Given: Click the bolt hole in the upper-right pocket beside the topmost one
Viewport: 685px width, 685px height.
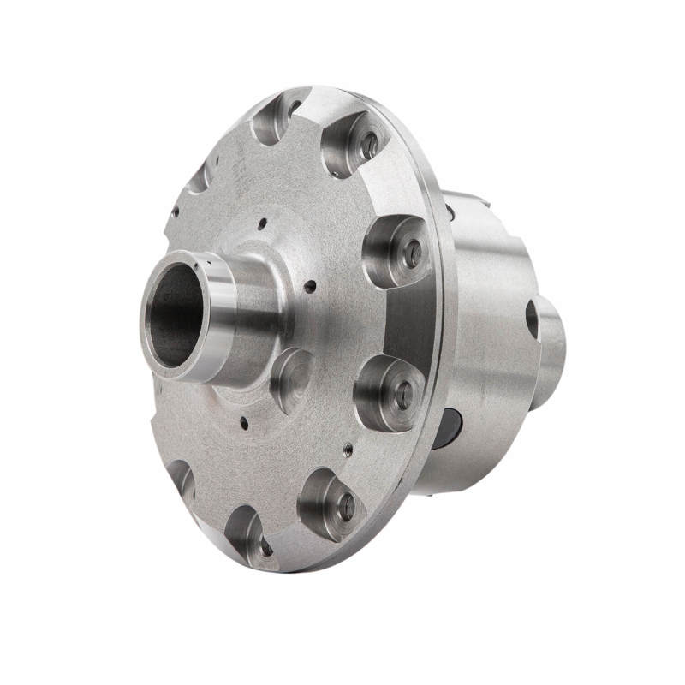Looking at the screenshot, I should point(369,146).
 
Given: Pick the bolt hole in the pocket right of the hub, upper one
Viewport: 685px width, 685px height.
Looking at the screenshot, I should point(412,253).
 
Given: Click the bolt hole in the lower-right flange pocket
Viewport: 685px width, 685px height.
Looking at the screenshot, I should point(346,506).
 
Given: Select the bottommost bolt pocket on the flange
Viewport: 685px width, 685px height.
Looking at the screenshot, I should point(249,534).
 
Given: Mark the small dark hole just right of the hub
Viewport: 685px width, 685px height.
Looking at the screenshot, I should point(310,286).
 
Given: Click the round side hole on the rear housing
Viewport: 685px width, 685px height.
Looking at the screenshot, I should point(532,319).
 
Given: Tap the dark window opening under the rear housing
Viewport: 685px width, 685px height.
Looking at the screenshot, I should point(446,428).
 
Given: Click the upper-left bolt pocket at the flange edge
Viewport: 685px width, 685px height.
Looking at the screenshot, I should point(199,177).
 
